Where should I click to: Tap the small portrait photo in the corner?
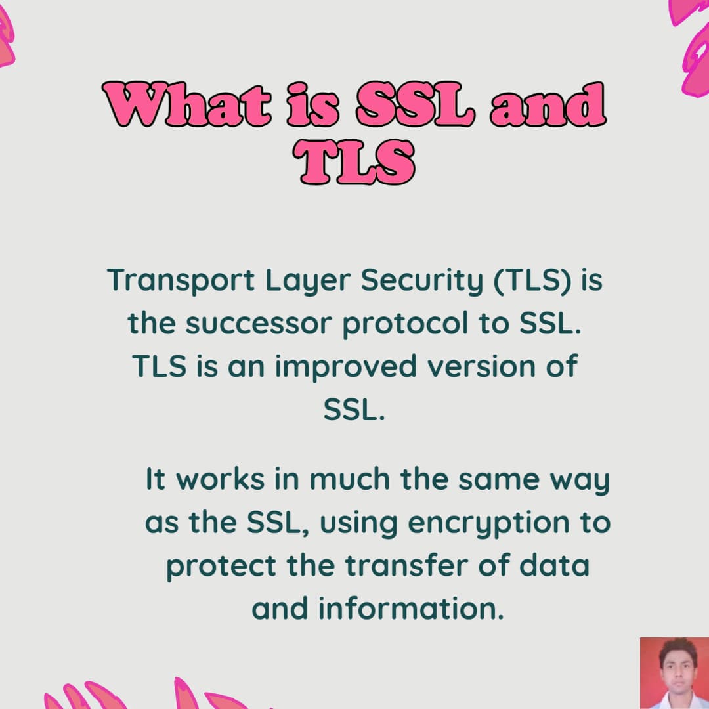coord(674,672)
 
